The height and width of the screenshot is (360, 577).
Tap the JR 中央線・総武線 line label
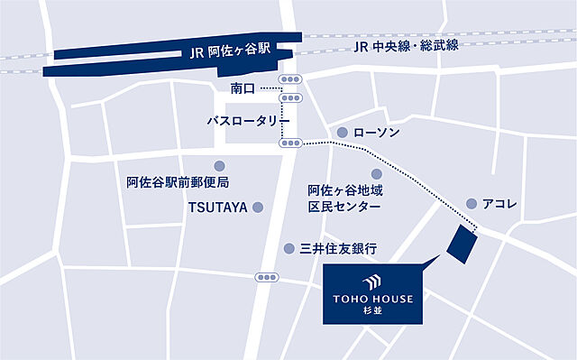pyautogui.click(x=407, y=45)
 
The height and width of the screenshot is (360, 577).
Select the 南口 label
pyautogui.click(x=243, y=88)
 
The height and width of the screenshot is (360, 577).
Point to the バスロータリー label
pyautogui.click(x=247, y=120)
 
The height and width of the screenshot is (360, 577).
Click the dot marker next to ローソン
pyautogui.click(x=342, y=133)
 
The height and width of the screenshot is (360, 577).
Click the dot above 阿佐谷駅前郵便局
pyautogui.click(x=219, y=166)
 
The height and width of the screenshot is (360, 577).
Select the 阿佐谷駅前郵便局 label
pyautogui.click(x=178, y=184)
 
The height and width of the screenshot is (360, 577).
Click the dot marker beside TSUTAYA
pyautogui.click(x=258, y=208)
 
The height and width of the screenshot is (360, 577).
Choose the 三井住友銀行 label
pyautogui.click(x=337, y=248)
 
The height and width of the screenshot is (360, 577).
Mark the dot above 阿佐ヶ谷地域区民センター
pyautogui.click(x=377, y=173)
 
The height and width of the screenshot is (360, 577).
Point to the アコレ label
pyautogui.click(x=501, y=205)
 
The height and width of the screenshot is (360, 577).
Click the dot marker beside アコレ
pyautogui.click(x=472, y=204)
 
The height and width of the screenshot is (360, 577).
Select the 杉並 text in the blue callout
pyautogui.click(x=373, y=310)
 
